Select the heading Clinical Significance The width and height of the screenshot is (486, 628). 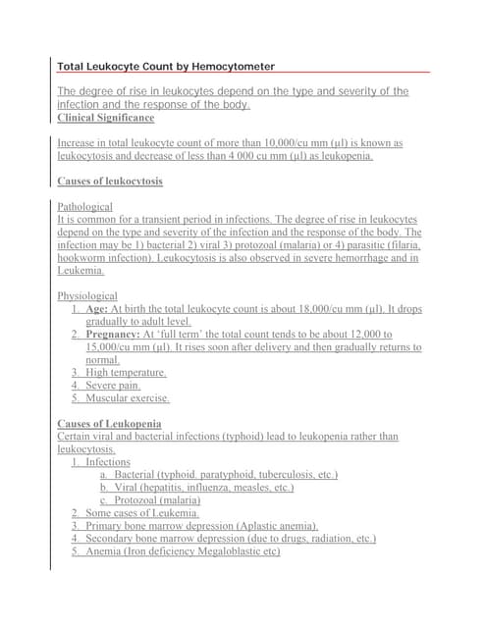[x=106, y=118]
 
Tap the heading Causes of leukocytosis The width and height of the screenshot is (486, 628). [x=110, y=182]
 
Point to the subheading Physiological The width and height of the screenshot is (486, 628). [x=87, y=295]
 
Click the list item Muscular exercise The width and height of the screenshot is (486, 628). [x=128, y=398]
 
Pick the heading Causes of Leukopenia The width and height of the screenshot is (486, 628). [x=110, y=424]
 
